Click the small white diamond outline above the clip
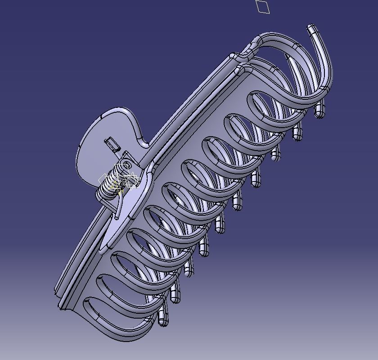(x=263, y=7)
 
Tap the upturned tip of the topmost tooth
(x=312, y=31)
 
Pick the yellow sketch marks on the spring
(x=119, y=185)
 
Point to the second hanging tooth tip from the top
(x=297, y=133)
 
